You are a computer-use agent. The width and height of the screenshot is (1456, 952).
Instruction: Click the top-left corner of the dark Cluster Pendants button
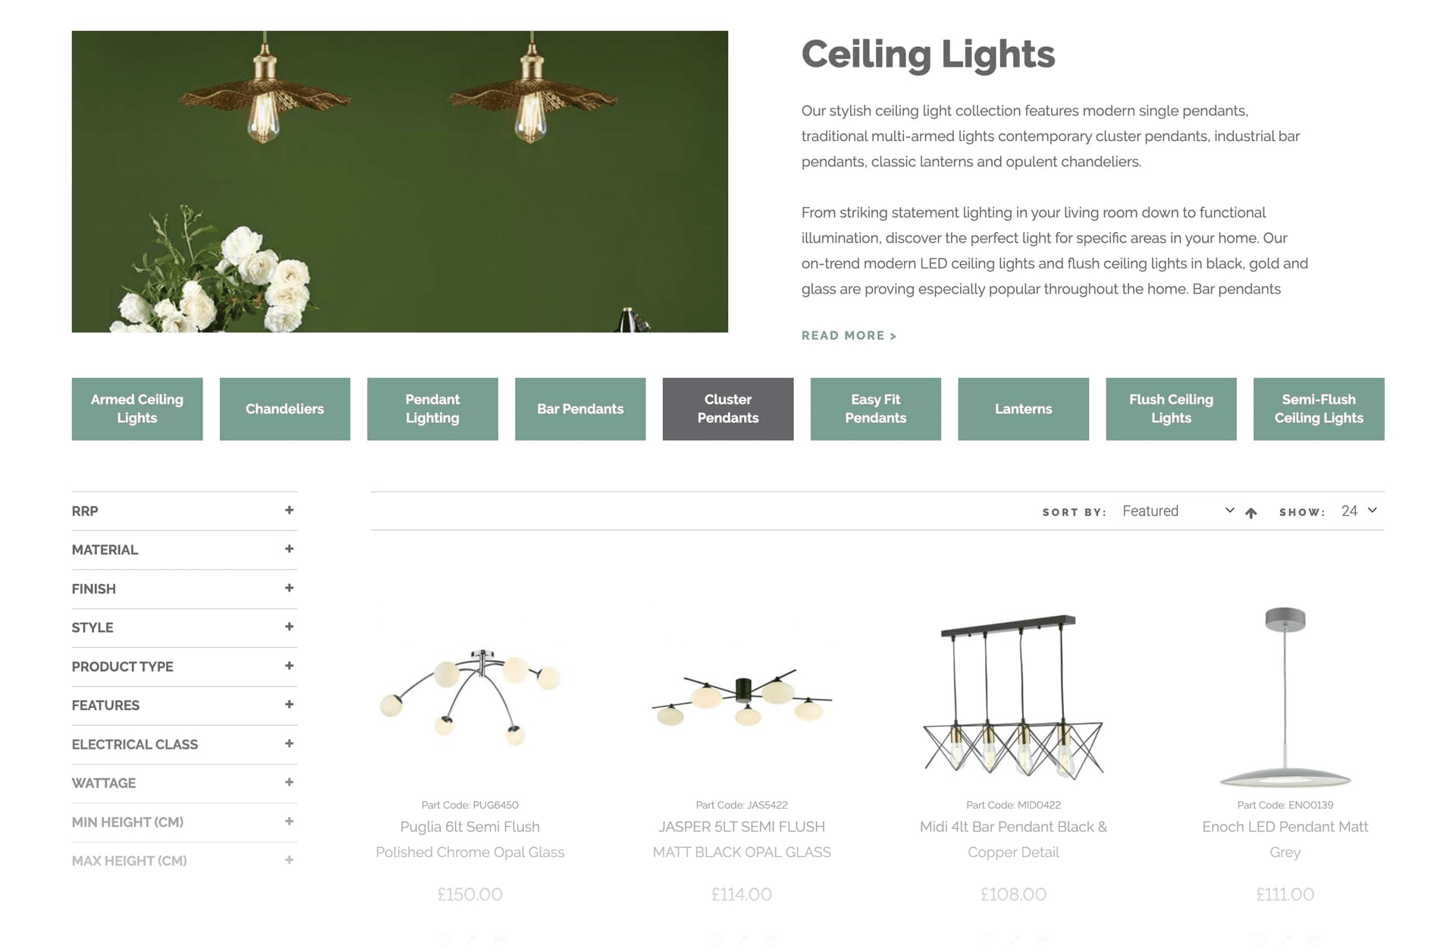tap(663, 378)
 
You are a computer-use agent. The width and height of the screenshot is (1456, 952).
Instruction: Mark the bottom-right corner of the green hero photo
tap(728, 332)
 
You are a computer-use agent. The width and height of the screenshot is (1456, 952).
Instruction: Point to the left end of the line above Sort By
tap(371, 492)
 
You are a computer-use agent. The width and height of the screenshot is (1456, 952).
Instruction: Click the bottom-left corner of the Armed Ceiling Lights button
tap(72, 441)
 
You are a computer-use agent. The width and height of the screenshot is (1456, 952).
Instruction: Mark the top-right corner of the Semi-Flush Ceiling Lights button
tap(1385, 378)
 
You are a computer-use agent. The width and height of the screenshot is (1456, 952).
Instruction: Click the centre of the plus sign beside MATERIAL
tap(289, 548)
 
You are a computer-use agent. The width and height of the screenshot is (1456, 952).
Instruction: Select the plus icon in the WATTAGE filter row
tap(289, 782)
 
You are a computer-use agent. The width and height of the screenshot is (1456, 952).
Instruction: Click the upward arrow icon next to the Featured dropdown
tap(1251, 513)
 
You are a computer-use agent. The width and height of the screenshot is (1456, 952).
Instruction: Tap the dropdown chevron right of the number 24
tap(1373, 511)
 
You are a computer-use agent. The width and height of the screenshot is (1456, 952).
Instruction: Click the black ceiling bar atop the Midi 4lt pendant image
tap(1009, 625)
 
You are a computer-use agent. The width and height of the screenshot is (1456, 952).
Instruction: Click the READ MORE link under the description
tap(849, 335)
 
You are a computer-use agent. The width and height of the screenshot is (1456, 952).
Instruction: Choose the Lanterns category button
tap(1024, 409)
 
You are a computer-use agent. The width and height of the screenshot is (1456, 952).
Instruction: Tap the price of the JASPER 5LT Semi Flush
tap(742, 894)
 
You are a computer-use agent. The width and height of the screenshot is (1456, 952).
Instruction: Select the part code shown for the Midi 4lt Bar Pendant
tap(1014, 805)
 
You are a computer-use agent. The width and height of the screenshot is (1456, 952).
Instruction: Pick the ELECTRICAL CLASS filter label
tap(135, 744)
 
